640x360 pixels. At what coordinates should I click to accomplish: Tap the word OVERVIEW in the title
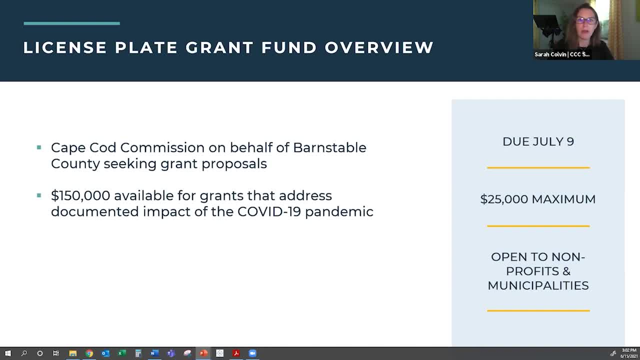click(379, 47)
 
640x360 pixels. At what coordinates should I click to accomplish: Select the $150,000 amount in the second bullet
click(80, 195)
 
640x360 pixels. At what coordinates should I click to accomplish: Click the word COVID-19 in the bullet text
click(269, 211)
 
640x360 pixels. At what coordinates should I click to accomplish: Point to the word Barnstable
click(329, 147)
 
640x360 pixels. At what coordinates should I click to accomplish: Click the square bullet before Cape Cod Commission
click(39, 147)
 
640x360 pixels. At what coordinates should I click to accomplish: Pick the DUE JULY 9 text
click(538, 141)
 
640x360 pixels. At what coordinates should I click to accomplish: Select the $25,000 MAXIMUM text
click(538, 199)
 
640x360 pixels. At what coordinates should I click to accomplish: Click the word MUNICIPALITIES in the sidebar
click(538, 285)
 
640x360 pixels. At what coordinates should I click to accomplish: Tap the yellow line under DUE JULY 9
click(538, 168)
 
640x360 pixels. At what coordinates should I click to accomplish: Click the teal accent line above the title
click(71, 23)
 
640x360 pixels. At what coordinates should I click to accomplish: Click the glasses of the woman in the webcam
click(585, 21)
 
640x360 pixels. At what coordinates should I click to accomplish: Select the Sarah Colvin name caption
click(561, 54)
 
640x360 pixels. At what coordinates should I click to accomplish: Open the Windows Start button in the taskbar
click(7, 353)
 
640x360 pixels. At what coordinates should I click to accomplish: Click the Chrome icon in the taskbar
click(89, 353)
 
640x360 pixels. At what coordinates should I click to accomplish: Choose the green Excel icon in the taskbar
click(121, 353)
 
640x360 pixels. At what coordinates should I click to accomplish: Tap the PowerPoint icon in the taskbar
click(203, 353)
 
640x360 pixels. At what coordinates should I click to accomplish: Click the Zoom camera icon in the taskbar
click(252, 353)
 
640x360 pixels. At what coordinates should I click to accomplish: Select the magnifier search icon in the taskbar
click(23, 353)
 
